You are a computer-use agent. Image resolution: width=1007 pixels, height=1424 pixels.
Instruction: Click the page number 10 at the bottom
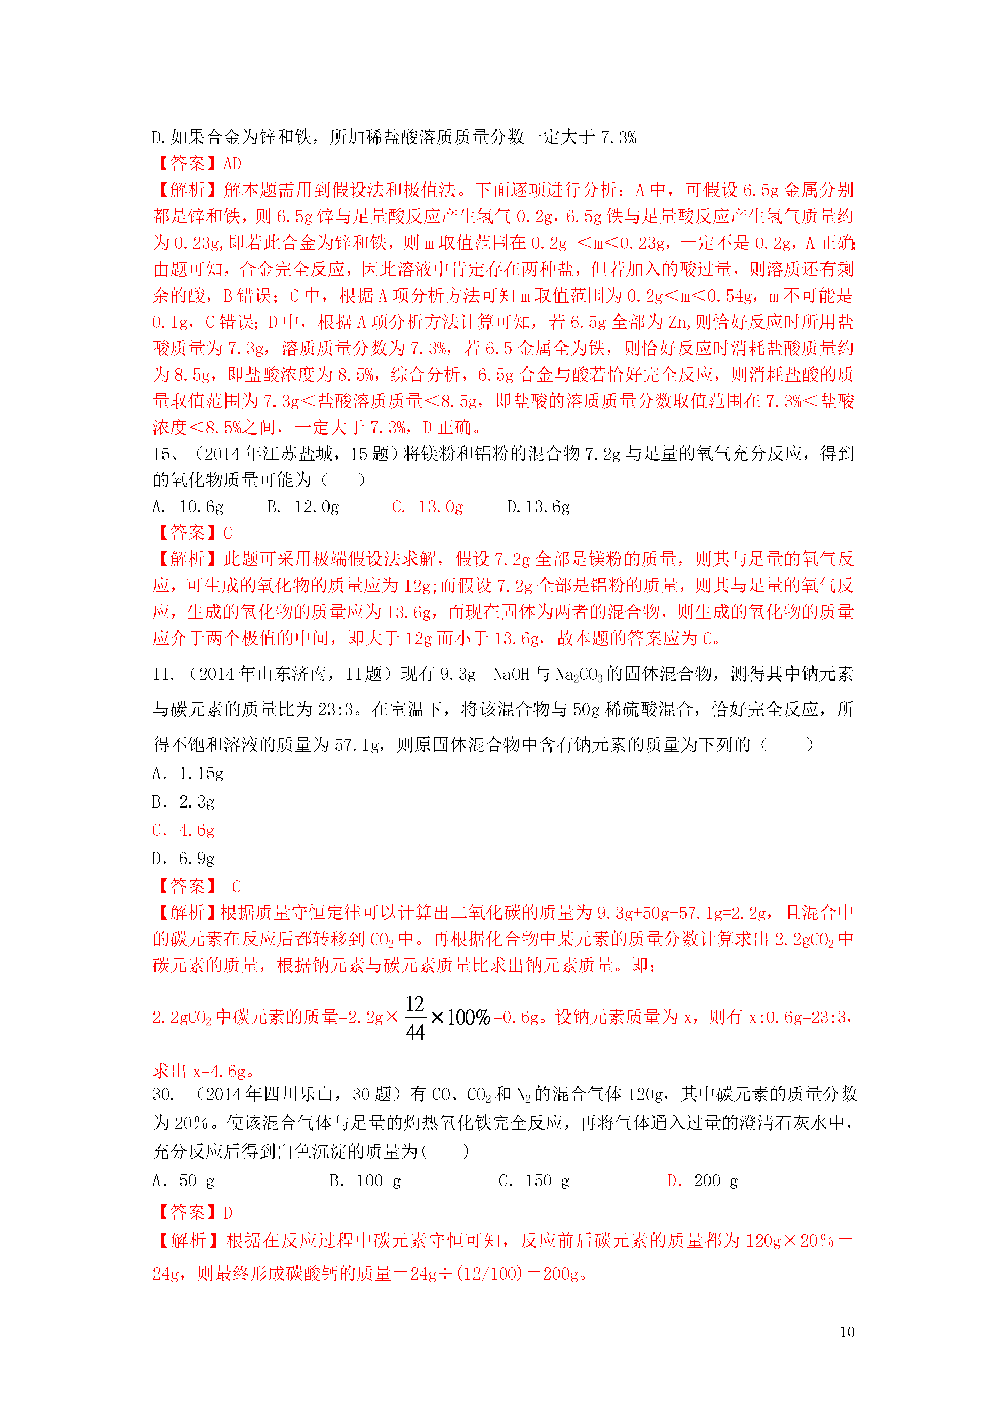(x=847, y=1331)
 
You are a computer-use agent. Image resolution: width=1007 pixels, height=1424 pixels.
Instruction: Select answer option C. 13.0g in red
(x=428, y=507)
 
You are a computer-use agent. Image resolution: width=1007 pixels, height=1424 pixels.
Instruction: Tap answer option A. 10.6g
(x=188, y=507)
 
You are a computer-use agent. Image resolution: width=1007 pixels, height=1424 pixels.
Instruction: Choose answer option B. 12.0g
(x=303, y=507)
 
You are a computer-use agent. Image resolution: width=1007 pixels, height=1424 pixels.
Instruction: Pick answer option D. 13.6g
(x=538, y=507)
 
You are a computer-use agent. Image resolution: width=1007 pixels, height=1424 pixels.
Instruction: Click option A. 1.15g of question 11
(x=188, y=773)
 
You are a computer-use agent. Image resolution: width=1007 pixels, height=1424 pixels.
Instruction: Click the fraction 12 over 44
(x=414, y=1018)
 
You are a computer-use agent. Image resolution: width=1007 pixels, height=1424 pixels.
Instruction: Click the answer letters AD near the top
(x=232, y=164)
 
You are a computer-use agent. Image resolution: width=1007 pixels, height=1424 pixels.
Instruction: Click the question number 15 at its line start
(x=161, y=454)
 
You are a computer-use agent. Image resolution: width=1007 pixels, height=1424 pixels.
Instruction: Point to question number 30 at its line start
(x=162, y=1094)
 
